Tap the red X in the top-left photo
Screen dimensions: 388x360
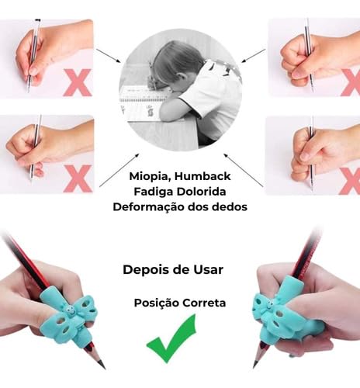[x=77, y=81]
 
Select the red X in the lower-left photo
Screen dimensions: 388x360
[x=77, y=178]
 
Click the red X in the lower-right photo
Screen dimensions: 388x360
[x=350, y=180]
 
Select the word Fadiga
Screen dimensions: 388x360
[x=150, y=192]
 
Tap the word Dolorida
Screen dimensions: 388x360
[x=204, y=192]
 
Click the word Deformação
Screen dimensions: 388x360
[x=147, y=207]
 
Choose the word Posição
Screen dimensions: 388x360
[x=156, y=303]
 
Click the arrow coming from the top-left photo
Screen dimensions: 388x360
[x=109, y=56]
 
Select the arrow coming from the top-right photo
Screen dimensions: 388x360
[x=254, y=56]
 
